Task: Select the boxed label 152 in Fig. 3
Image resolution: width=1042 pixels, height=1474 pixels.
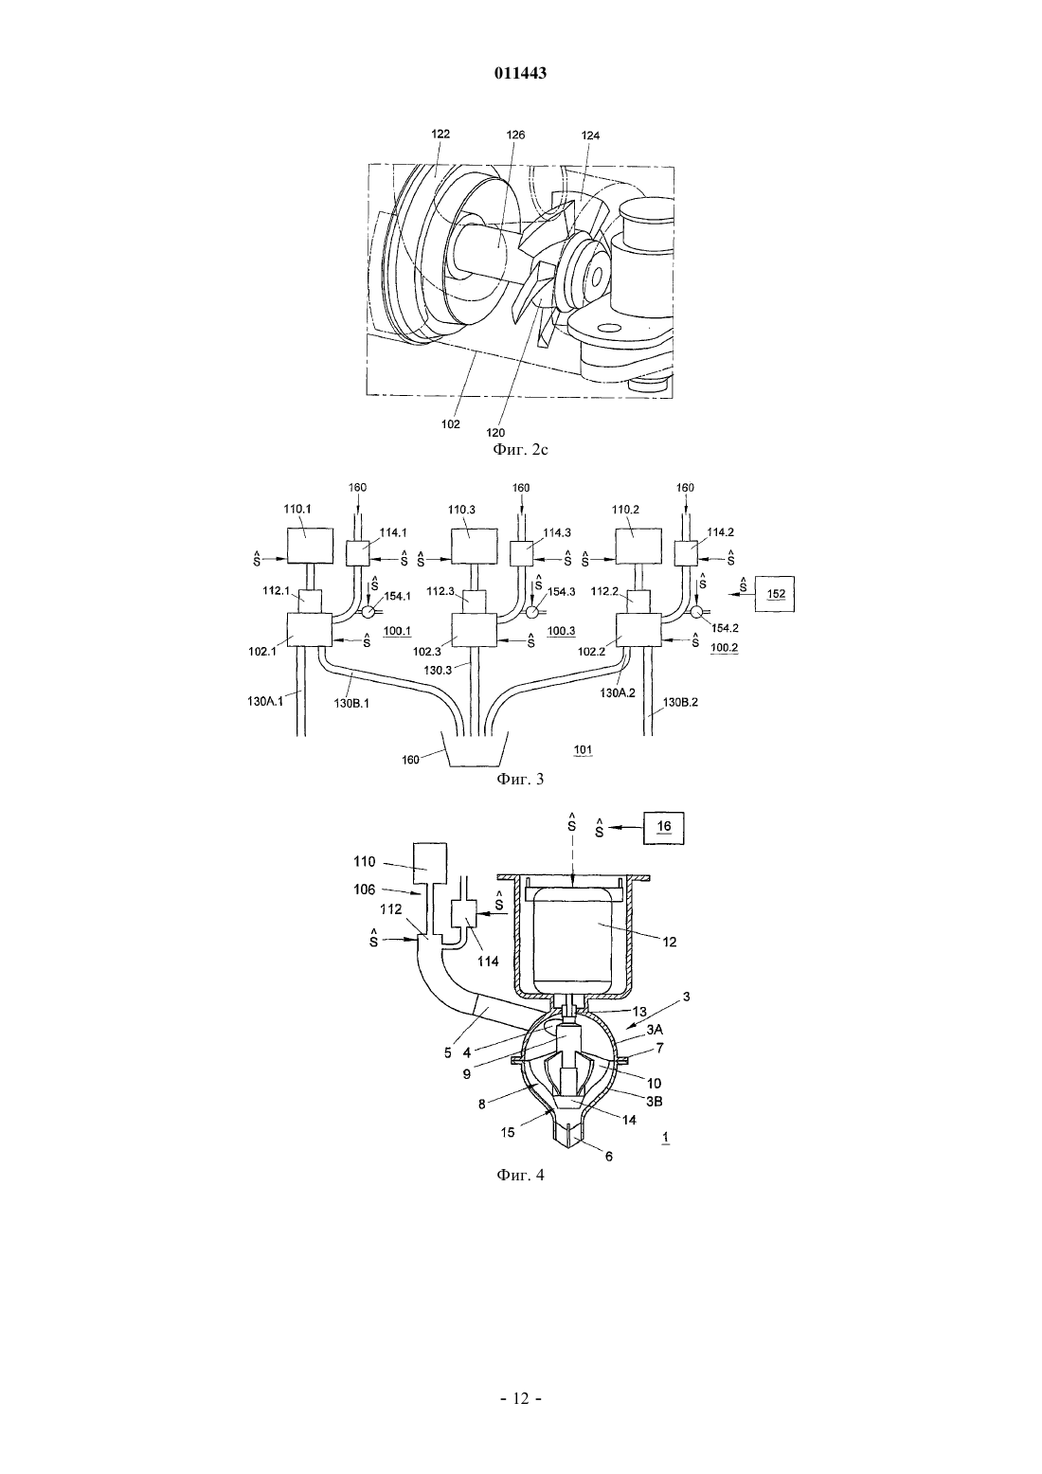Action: pos(776,594)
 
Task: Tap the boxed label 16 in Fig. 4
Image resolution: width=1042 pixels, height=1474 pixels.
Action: pos(664,829)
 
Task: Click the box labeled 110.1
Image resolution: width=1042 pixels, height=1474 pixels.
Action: pos(309,547)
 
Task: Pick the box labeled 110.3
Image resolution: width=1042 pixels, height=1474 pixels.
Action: pos(474,547)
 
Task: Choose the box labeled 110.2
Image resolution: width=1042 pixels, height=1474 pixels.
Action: pos(638,547)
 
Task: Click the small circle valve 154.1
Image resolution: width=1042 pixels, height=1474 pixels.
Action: pos(368,612)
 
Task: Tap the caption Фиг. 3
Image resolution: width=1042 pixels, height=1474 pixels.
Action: pos(520,780)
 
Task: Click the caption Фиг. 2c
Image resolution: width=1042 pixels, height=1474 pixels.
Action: pos(520,450)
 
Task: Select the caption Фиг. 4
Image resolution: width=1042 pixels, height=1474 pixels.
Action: pos(520,1176)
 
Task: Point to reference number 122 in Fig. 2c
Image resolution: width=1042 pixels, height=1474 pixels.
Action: pos(440,134)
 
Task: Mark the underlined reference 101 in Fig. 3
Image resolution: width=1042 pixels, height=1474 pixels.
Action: pos(583,749)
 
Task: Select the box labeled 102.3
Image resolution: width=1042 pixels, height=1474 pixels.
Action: pos(474,630)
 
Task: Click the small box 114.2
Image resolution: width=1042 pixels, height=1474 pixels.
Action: pos(686,552)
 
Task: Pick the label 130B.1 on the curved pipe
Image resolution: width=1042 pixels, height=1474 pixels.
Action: pos(351,703)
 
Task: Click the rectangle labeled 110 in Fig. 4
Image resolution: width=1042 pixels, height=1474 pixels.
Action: pos(429,864)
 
